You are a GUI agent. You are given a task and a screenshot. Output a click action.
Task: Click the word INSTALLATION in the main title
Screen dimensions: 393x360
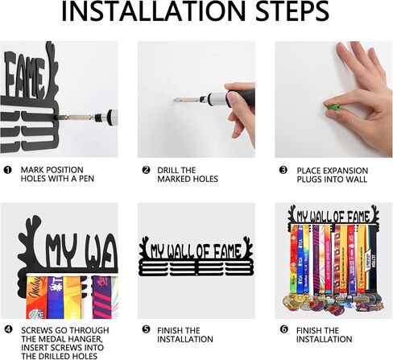click(x=153, y=11)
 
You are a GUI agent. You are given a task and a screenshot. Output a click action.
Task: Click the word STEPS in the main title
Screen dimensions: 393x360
click(x=292, y=11)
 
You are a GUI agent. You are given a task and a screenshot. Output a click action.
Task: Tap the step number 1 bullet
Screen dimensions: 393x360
click(x=8, y=170)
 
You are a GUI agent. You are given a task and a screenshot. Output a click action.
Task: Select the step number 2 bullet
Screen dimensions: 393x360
click(x=146, y=170)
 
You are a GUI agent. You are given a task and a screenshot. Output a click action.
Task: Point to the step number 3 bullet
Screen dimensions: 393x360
click(x=283, y=170)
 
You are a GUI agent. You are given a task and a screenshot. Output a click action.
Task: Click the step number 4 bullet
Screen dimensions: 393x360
click(x=8, y=329)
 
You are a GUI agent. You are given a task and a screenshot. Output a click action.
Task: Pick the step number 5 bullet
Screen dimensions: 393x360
click(x=146, y=329)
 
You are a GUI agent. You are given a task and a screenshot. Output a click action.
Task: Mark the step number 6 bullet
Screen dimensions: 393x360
click(x=283, y=329)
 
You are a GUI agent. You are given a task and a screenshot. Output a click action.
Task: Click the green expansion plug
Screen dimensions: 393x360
click(x=332, y=107)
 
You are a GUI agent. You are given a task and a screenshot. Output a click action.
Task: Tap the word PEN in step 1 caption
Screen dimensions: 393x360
click(x=86, y=179)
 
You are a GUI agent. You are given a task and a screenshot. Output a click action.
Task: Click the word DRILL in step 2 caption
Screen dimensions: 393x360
click(x=168, y=170)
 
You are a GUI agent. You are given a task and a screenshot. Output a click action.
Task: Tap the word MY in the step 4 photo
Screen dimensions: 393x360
click(x=62, y=249)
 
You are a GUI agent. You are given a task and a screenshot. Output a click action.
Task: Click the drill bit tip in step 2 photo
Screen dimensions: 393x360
click(x=175, y=100)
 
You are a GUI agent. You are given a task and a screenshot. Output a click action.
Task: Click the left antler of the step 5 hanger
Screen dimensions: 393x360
click(x=144, y=245)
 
